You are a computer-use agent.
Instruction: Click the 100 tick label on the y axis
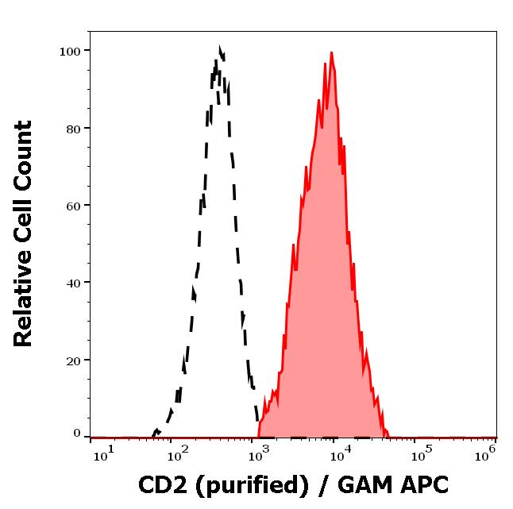(71, 52)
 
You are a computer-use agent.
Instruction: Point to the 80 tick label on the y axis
(74, 129)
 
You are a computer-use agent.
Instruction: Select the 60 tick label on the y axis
(74, 206)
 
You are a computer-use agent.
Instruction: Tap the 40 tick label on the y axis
(74, 283)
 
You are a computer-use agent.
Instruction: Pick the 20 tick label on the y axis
(74, 361)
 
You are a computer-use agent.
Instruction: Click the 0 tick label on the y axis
(77, 434)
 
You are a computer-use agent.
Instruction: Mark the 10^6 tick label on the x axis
(486, 453)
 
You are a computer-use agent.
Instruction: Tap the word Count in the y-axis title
(24, 154)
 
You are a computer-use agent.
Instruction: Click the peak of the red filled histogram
(330, 53)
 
